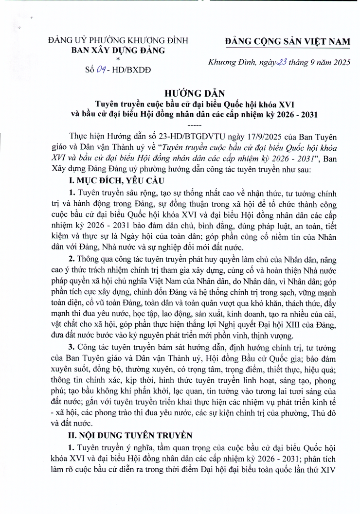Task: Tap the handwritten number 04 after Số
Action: tap(102, 69)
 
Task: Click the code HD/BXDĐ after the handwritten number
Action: tap(131, 70)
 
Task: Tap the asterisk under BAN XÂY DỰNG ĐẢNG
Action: tap(118, 59)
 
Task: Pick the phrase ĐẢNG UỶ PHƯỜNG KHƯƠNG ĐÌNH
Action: tap(118, 40)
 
